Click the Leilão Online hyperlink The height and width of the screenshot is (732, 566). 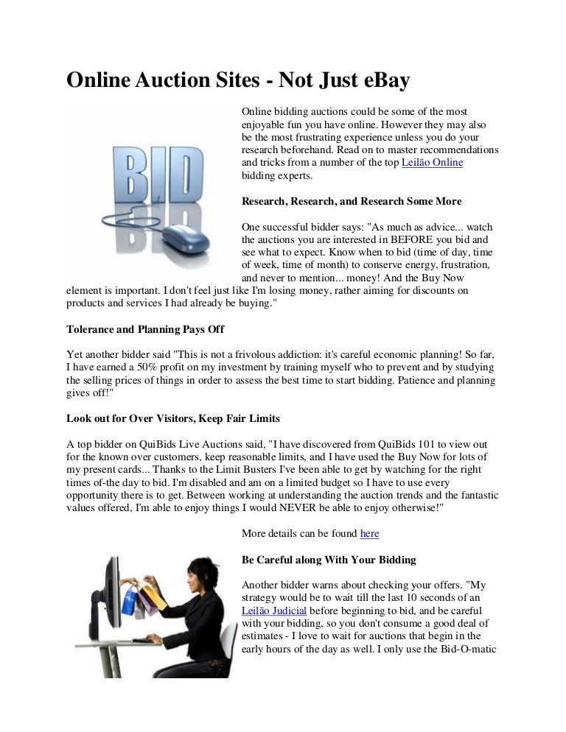[432, 163]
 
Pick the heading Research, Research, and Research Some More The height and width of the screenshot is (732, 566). [352, 200]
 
